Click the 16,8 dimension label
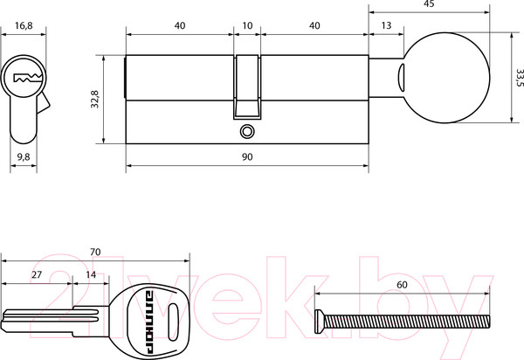point(24,25)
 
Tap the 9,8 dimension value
point(24,156)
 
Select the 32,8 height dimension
point(95,99)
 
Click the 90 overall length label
point(247,156)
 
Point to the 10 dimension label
point(247,25)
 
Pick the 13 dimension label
point(386,25)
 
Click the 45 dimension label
point(429,4)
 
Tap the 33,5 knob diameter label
point(520,78)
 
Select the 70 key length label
point(95,252)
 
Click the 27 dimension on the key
point(37,274)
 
